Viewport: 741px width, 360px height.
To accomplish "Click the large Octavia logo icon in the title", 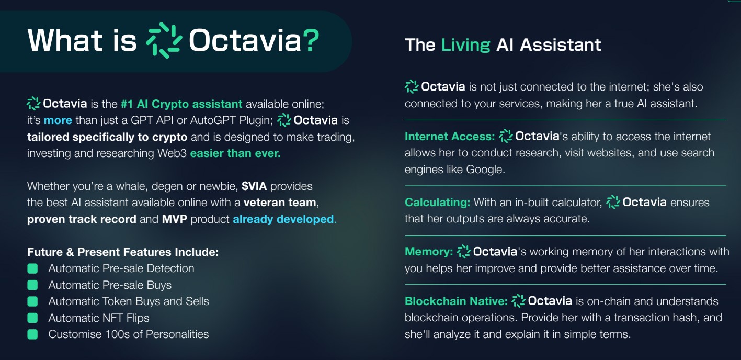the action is pyautogui.click(x=164, y=40).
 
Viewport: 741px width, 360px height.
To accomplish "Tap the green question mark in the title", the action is pyautogui.click(x=311, y=41).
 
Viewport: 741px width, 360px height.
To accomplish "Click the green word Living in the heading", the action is pyautogui.click(x=465, y=46).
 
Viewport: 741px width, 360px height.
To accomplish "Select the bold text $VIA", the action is pyautogui.click(x=254, y=186).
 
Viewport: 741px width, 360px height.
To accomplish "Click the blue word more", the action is pyautogui.click(x=58, y=120).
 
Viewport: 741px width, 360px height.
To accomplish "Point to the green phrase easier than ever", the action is pyautogui.click(x=235, y=153).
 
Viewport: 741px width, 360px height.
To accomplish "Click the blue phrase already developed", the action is pyautogui.click(x=283, y=219).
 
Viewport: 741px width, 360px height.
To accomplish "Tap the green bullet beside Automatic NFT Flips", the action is pyautogui.click(x=32, y=318).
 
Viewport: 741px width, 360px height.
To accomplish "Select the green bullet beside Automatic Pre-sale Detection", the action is pyautogui.click(x=32, y=268).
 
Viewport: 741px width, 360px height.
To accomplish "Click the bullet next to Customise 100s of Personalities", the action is pyautogui.click(x=32, y=334).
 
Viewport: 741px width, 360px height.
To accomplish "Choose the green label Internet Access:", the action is pyautogui.click(x=450, y=137).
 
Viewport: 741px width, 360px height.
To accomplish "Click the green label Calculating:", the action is pyautogui.click(x=437, y=202).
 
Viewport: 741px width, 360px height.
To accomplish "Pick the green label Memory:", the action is pyautogui.click(x=429, y=252).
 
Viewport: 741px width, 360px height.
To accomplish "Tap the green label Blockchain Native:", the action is pyautogui.click(x=456, y=301).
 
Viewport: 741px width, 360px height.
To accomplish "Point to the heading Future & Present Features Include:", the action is pyautogui.click(x=123, y=252).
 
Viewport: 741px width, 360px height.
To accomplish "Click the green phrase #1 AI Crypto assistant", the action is pyautogui.click(x=181, y=104).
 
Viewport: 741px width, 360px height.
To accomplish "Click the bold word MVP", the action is pyautogui.click(x=174, y=219).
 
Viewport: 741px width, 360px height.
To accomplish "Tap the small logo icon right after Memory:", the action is pyautogui.click(x=463, y=252).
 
